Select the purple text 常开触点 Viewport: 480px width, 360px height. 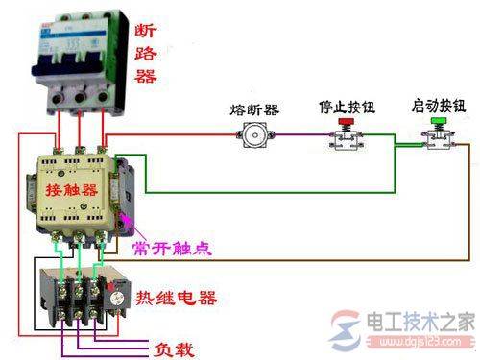click(x=177, y=248)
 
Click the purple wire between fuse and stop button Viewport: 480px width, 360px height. click(x=298, y=137)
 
